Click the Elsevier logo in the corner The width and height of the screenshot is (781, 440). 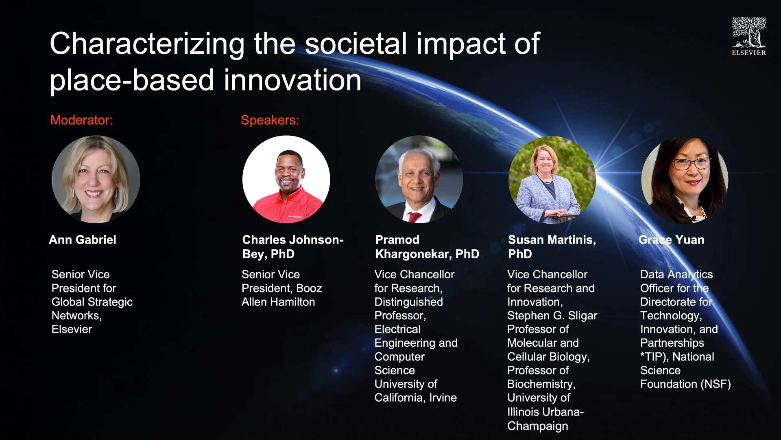[749, 36]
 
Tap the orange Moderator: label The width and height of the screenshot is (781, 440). [81, 120]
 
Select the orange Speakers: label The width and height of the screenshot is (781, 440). [270, 120]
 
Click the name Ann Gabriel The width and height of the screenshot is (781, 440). [83, 240]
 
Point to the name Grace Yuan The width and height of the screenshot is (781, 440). [672, 240]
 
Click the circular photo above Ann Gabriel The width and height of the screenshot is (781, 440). [96, 179]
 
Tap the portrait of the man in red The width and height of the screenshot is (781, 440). [286, 179]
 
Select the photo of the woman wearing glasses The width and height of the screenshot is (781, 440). [685, 179]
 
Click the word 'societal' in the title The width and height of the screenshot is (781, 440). [356, 44]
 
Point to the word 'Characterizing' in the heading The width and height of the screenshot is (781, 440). [147, 44]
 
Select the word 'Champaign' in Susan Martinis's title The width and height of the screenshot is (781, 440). [538, 426]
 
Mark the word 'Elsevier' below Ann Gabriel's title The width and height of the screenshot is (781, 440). [72, 329]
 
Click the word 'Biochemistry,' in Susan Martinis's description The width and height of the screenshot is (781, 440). [541, 384]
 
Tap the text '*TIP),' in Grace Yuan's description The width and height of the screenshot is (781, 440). [655, 357]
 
